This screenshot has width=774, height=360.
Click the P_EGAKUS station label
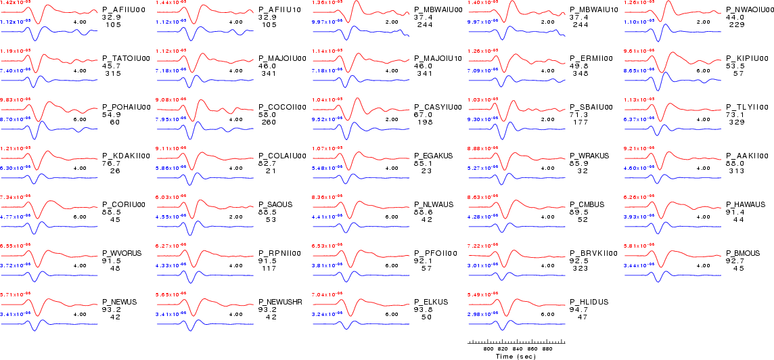tap(433, 156)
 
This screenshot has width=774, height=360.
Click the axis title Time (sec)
tap(516, 356)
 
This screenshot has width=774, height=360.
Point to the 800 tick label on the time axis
tap(488, 349)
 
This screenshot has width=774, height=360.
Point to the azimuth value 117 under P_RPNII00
tap(269, 268)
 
